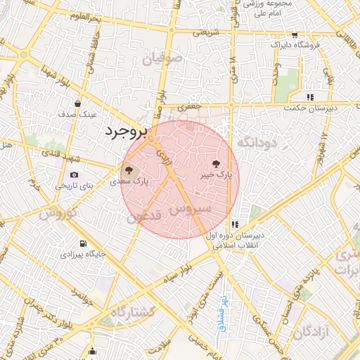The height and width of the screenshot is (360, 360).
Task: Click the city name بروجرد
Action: tap(127, 131)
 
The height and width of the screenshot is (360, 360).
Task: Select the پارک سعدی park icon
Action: tap(129, 169)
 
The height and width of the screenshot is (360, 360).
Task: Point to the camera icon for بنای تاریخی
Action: tap(75, 175)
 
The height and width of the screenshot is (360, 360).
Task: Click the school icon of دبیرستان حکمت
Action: tap(309, 97)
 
